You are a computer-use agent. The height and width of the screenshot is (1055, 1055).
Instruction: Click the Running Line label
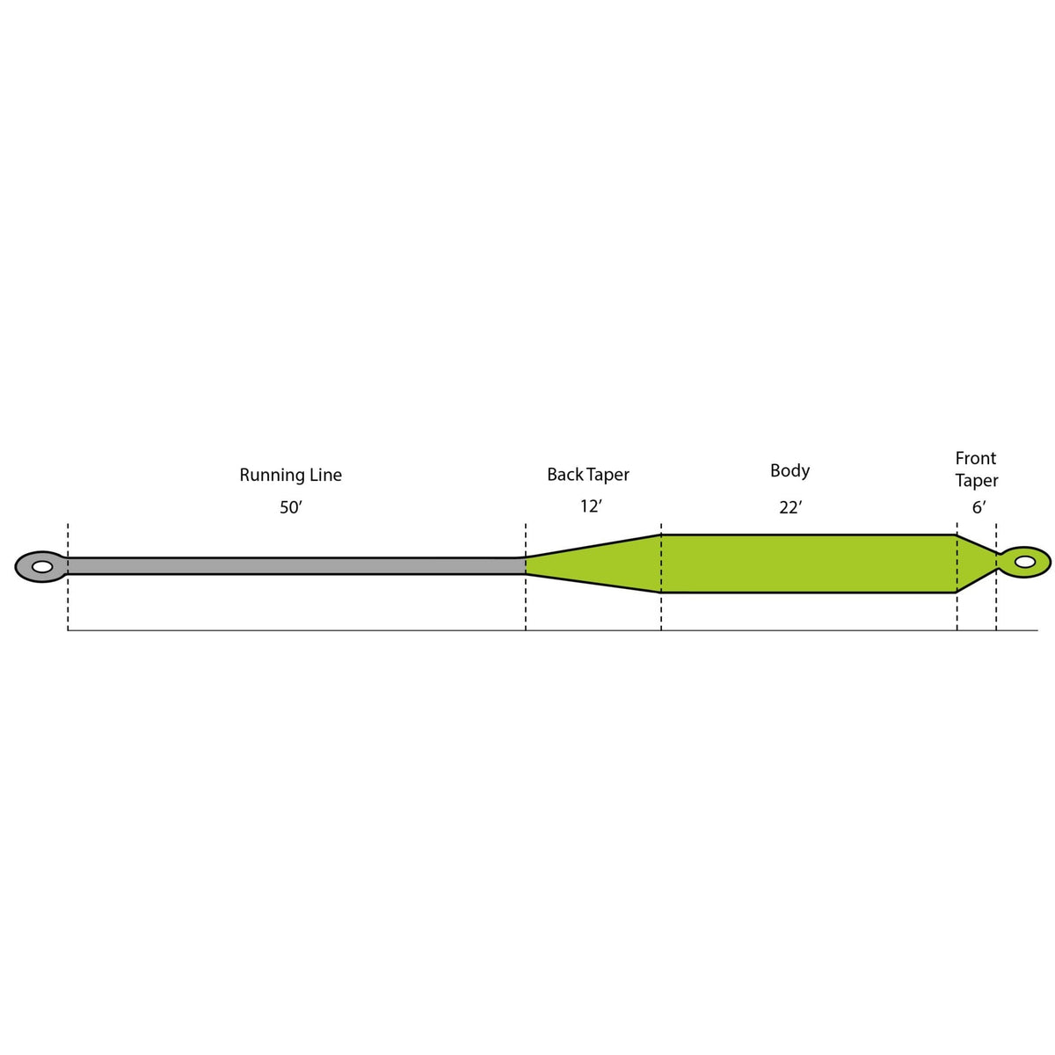(290, 476)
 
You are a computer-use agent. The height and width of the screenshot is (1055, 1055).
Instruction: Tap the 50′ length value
(290, 508)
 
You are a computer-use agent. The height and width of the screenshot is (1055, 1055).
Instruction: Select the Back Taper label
(588, 475)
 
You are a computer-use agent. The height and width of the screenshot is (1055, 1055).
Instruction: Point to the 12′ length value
(591, 506)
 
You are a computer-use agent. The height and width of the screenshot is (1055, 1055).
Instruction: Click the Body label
(789, 471)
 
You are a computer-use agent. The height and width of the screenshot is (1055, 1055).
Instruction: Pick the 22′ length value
(790, 507)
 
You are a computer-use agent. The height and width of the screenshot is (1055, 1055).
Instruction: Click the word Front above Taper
(976, 458)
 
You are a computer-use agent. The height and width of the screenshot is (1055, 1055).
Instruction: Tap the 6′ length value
(979, 507)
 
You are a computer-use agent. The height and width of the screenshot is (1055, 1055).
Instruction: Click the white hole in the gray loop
(41, 567)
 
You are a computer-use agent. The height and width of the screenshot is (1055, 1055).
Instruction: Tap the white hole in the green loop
(1025, 562)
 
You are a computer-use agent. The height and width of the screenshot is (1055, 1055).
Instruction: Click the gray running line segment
(290, 565)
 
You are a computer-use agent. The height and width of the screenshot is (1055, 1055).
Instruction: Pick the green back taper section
(607, 564)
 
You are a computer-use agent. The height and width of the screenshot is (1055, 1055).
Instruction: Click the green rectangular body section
(808, 564)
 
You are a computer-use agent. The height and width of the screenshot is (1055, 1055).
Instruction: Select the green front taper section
(972, 563)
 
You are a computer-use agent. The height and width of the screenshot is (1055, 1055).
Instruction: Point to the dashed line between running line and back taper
(526, 607)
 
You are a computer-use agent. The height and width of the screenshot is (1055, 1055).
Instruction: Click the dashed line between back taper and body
(661, 611)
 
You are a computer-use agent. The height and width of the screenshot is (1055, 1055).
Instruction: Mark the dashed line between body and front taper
(957, 611)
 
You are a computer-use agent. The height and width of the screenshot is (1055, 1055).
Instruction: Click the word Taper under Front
(977, 481)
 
